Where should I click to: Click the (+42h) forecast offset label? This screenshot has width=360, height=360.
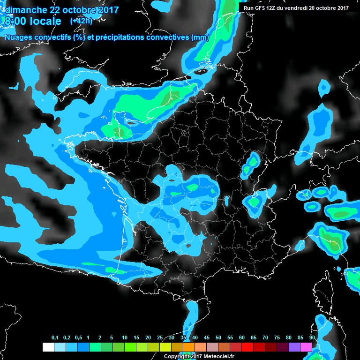(81, 21)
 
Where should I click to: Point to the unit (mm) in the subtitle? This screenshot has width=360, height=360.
(199, 37)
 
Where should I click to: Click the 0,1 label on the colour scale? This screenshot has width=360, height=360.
(54, 338)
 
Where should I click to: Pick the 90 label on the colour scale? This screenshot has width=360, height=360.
(312, 338)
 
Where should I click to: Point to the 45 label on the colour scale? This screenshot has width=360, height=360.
(207, 338)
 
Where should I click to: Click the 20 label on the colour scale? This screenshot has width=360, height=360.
(148, 338)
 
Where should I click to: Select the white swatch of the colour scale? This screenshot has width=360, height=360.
(48, 347)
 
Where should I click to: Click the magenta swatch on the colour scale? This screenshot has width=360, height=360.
(306, 347)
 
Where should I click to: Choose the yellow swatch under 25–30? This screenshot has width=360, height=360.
(165, 347)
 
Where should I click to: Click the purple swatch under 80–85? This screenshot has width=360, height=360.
(294, 347)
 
